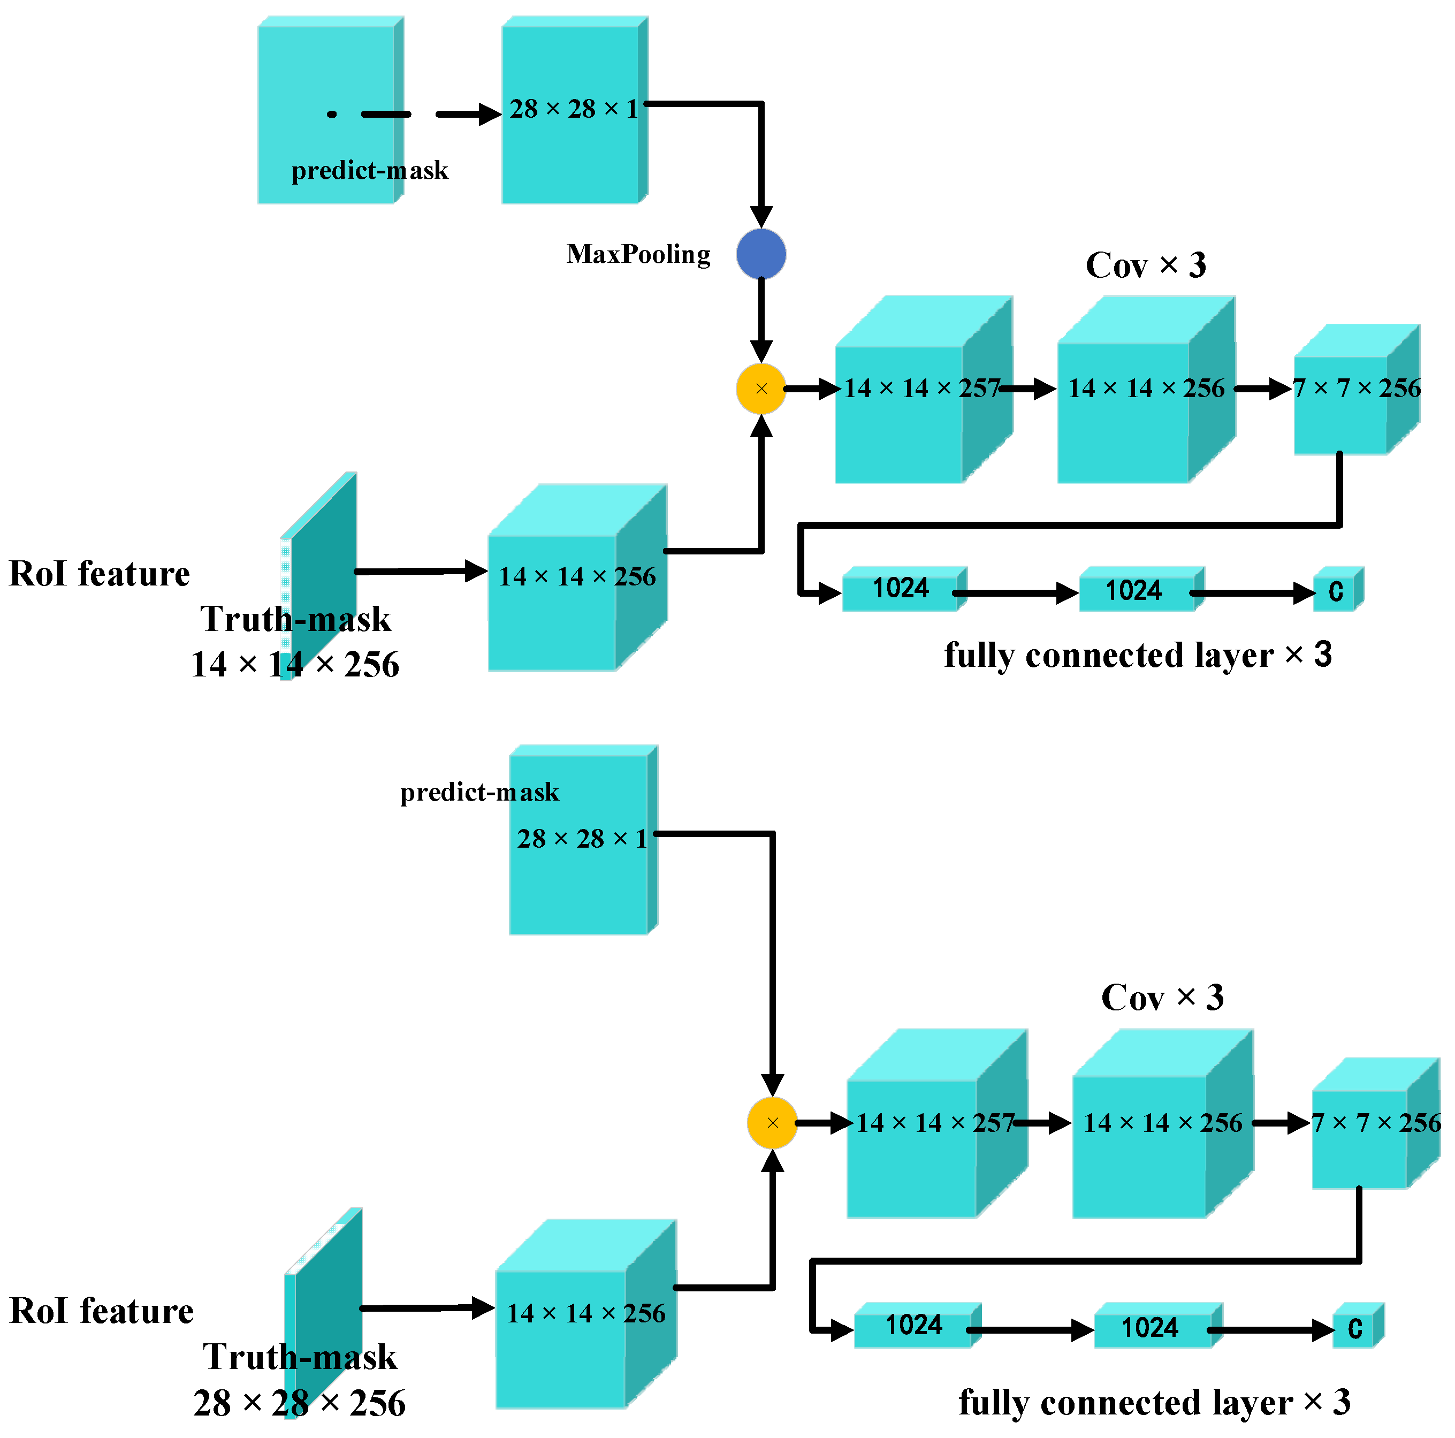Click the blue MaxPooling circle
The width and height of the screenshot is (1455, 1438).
[x=760, y=254]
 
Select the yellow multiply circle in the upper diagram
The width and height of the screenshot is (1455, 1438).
[x=760, y=389]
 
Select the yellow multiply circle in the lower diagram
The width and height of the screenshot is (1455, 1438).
[x=772, y=1122]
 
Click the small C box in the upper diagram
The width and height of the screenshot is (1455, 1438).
[x=1335, y=591]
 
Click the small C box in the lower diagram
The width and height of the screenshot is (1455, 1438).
[x=1354, y=1328]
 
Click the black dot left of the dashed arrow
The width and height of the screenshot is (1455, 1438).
[x=331, y=115]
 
